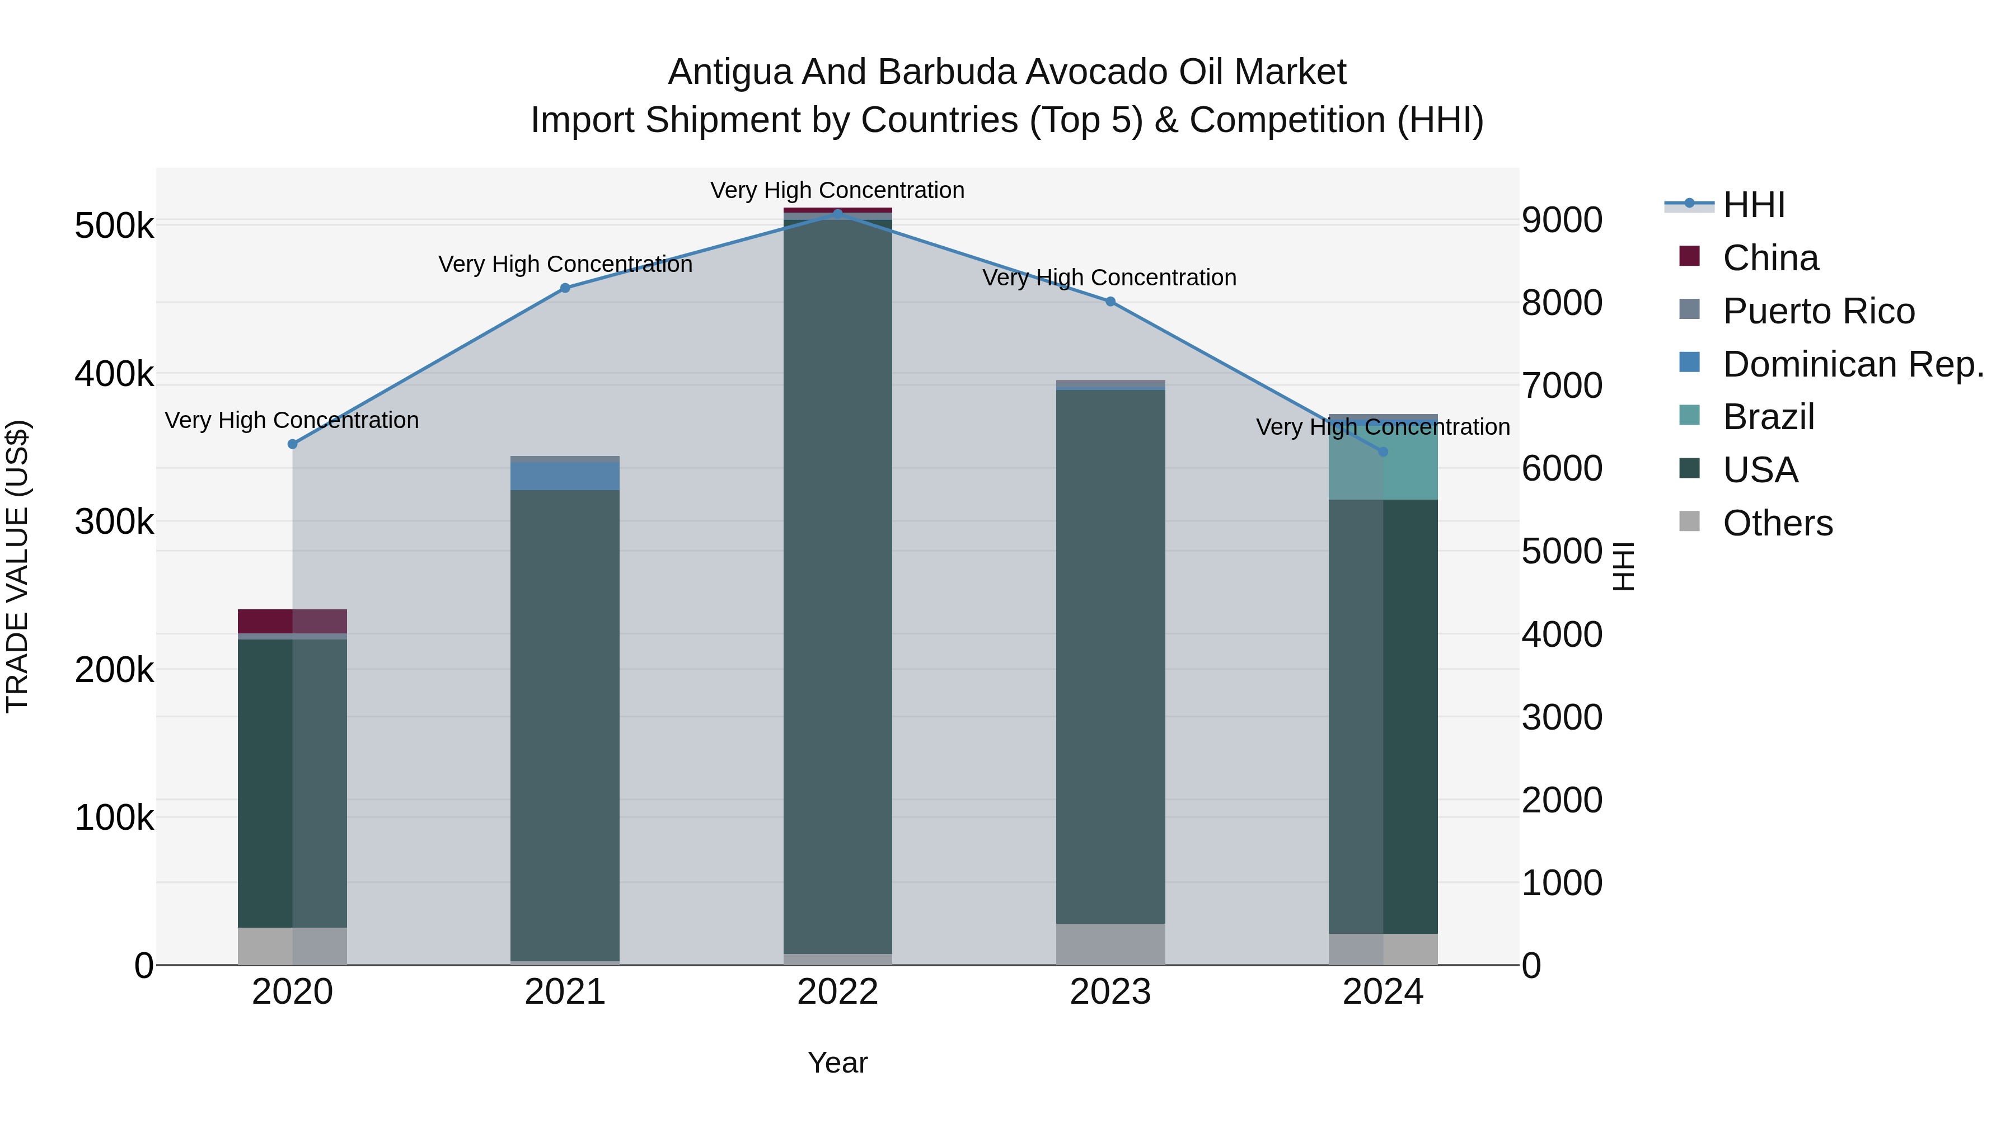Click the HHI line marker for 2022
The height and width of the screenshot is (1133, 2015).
838,214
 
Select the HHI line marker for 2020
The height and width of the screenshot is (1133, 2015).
293,444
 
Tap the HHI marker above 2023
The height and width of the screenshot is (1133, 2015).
1110,302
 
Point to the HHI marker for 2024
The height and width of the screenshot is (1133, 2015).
1383,452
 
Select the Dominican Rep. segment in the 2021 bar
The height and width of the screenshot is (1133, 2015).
565,476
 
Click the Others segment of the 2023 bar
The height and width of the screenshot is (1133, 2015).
1110,944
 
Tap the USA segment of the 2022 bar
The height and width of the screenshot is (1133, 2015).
838,586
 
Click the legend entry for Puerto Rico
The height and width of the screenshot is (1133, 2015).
1819,311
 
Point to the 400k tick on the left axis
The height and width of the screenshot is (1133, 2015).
114,374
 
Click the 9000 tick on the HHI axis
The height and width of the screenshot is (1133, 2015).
1561,220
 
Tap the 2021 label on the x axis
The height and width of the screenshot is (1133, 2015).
565,992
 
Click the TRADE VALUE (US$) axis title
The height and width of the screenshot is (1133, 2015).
18,566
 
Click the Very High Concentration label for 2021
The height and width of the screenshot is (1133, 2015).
565,264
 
